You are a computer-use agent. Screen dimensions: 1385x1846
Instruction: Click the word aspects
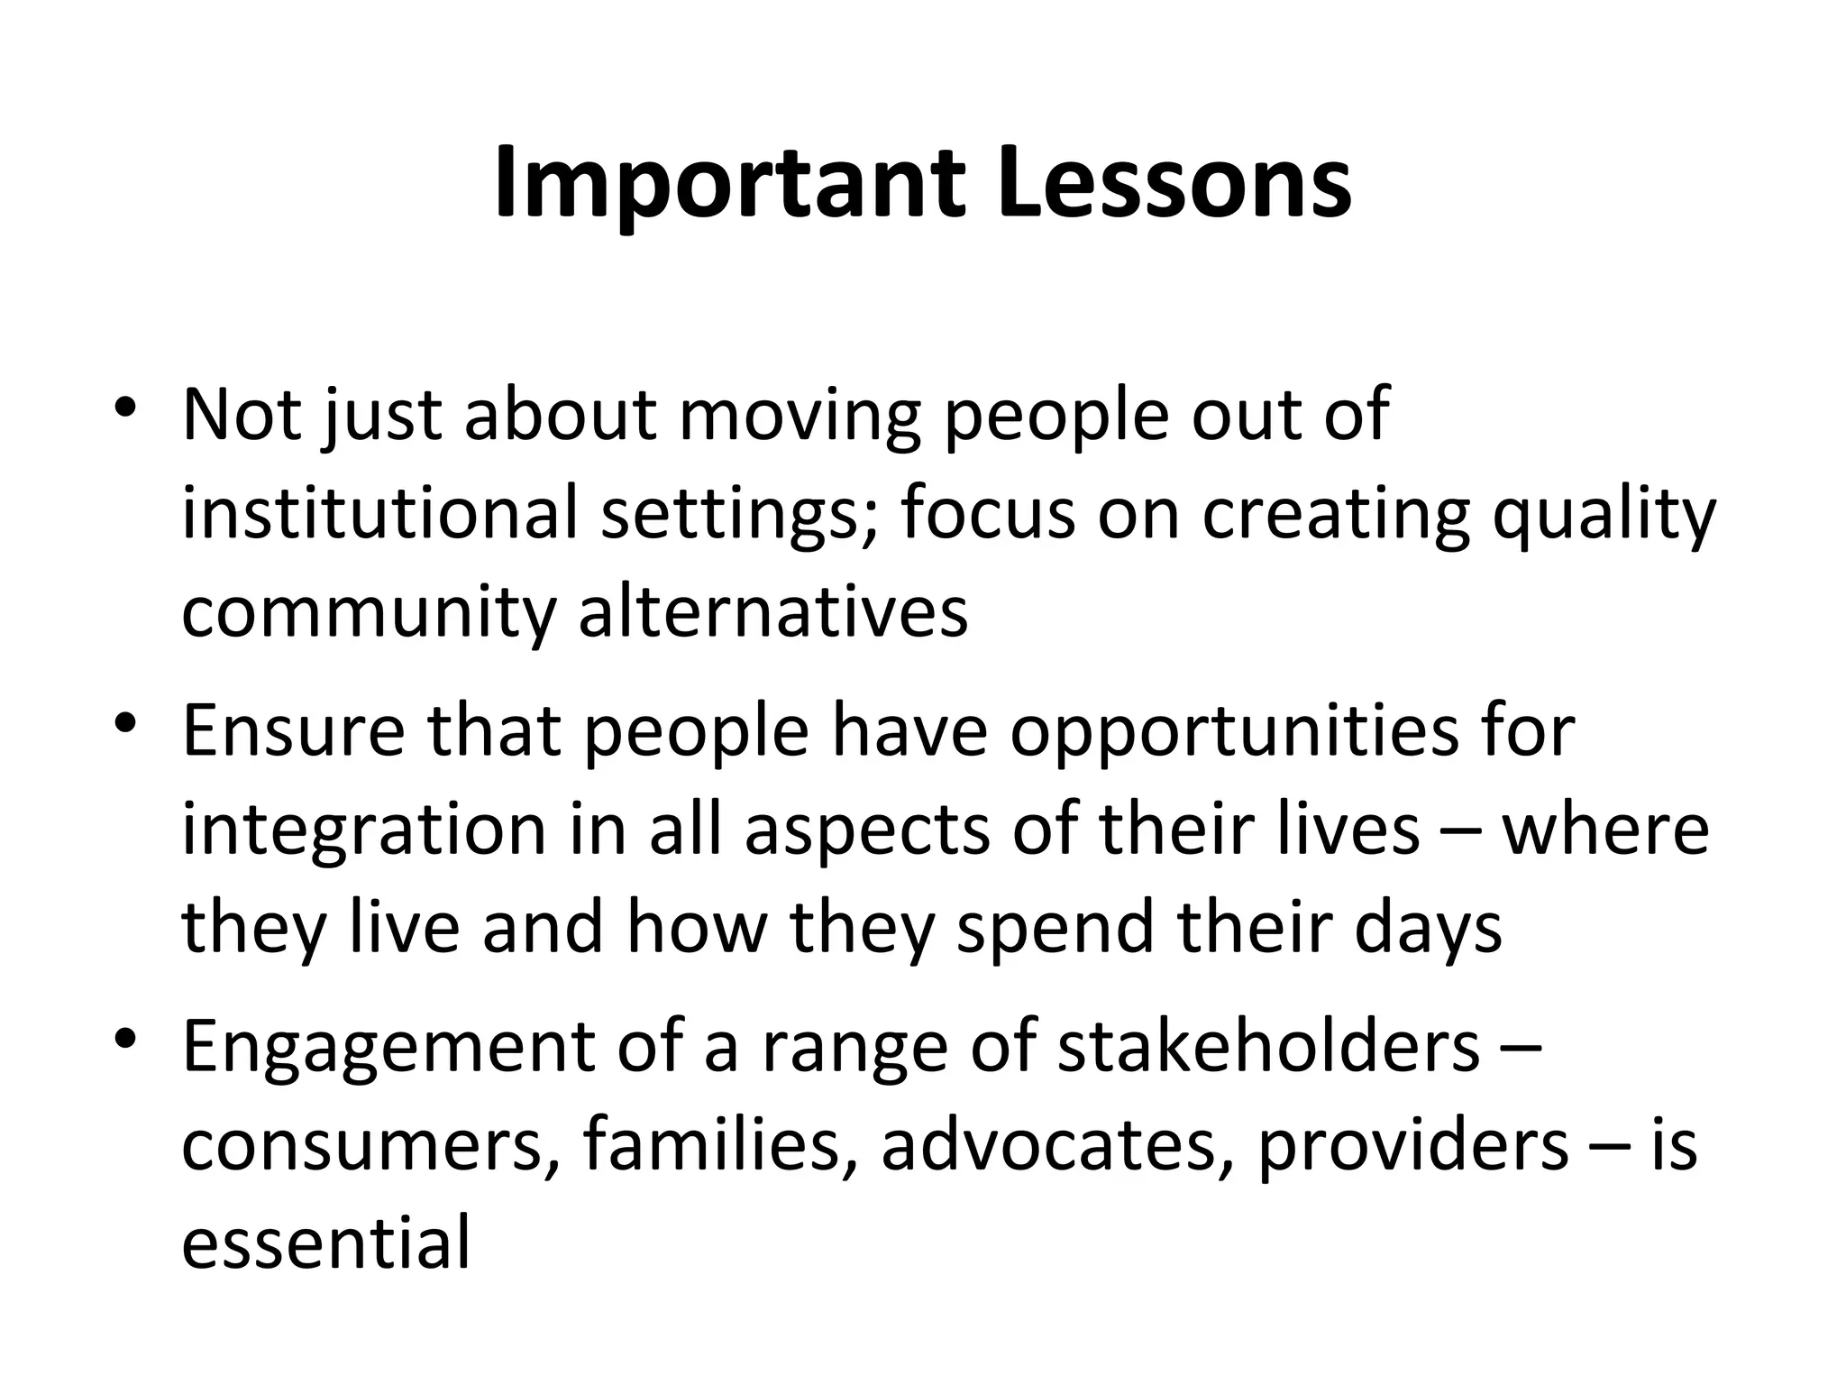(x=866, y=831)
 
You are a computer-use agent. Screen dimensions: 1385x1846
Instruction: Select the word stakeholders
(x=1268, y=1048)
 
